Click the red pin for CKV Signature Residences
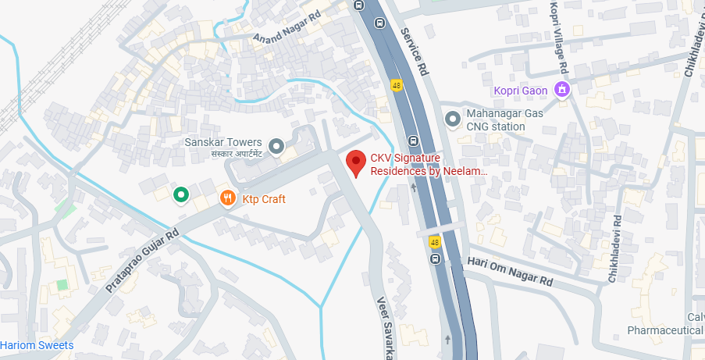click(x=356, y=163)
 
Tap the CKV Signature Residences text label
click(x=428, y=164)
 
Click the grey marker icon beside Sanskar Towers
click(x=276, y=146)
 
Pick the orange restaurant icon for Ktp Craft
click(x=227, y=198)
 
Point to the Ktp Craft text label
click(x=263, y=199)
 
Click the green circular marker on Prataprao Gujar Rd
click(x=181, y=194)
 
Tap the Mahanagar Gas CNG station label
click(x=504, y=119)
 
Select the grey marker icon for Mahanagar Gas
click(x=452, y=119)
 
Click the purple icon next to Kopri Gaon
click(x=561, y=91)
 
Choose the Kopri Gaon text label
click(x=520, y=91)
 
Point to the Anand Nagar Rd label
click(x=287, y=27)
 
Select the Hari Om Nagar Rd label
click(x=510, y=271)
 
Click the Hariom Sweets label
click(x=37, y=345)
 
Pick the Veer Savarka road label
click(x=383, y=326)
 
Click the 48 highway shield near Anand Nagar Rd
click(x=397, y=85)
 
